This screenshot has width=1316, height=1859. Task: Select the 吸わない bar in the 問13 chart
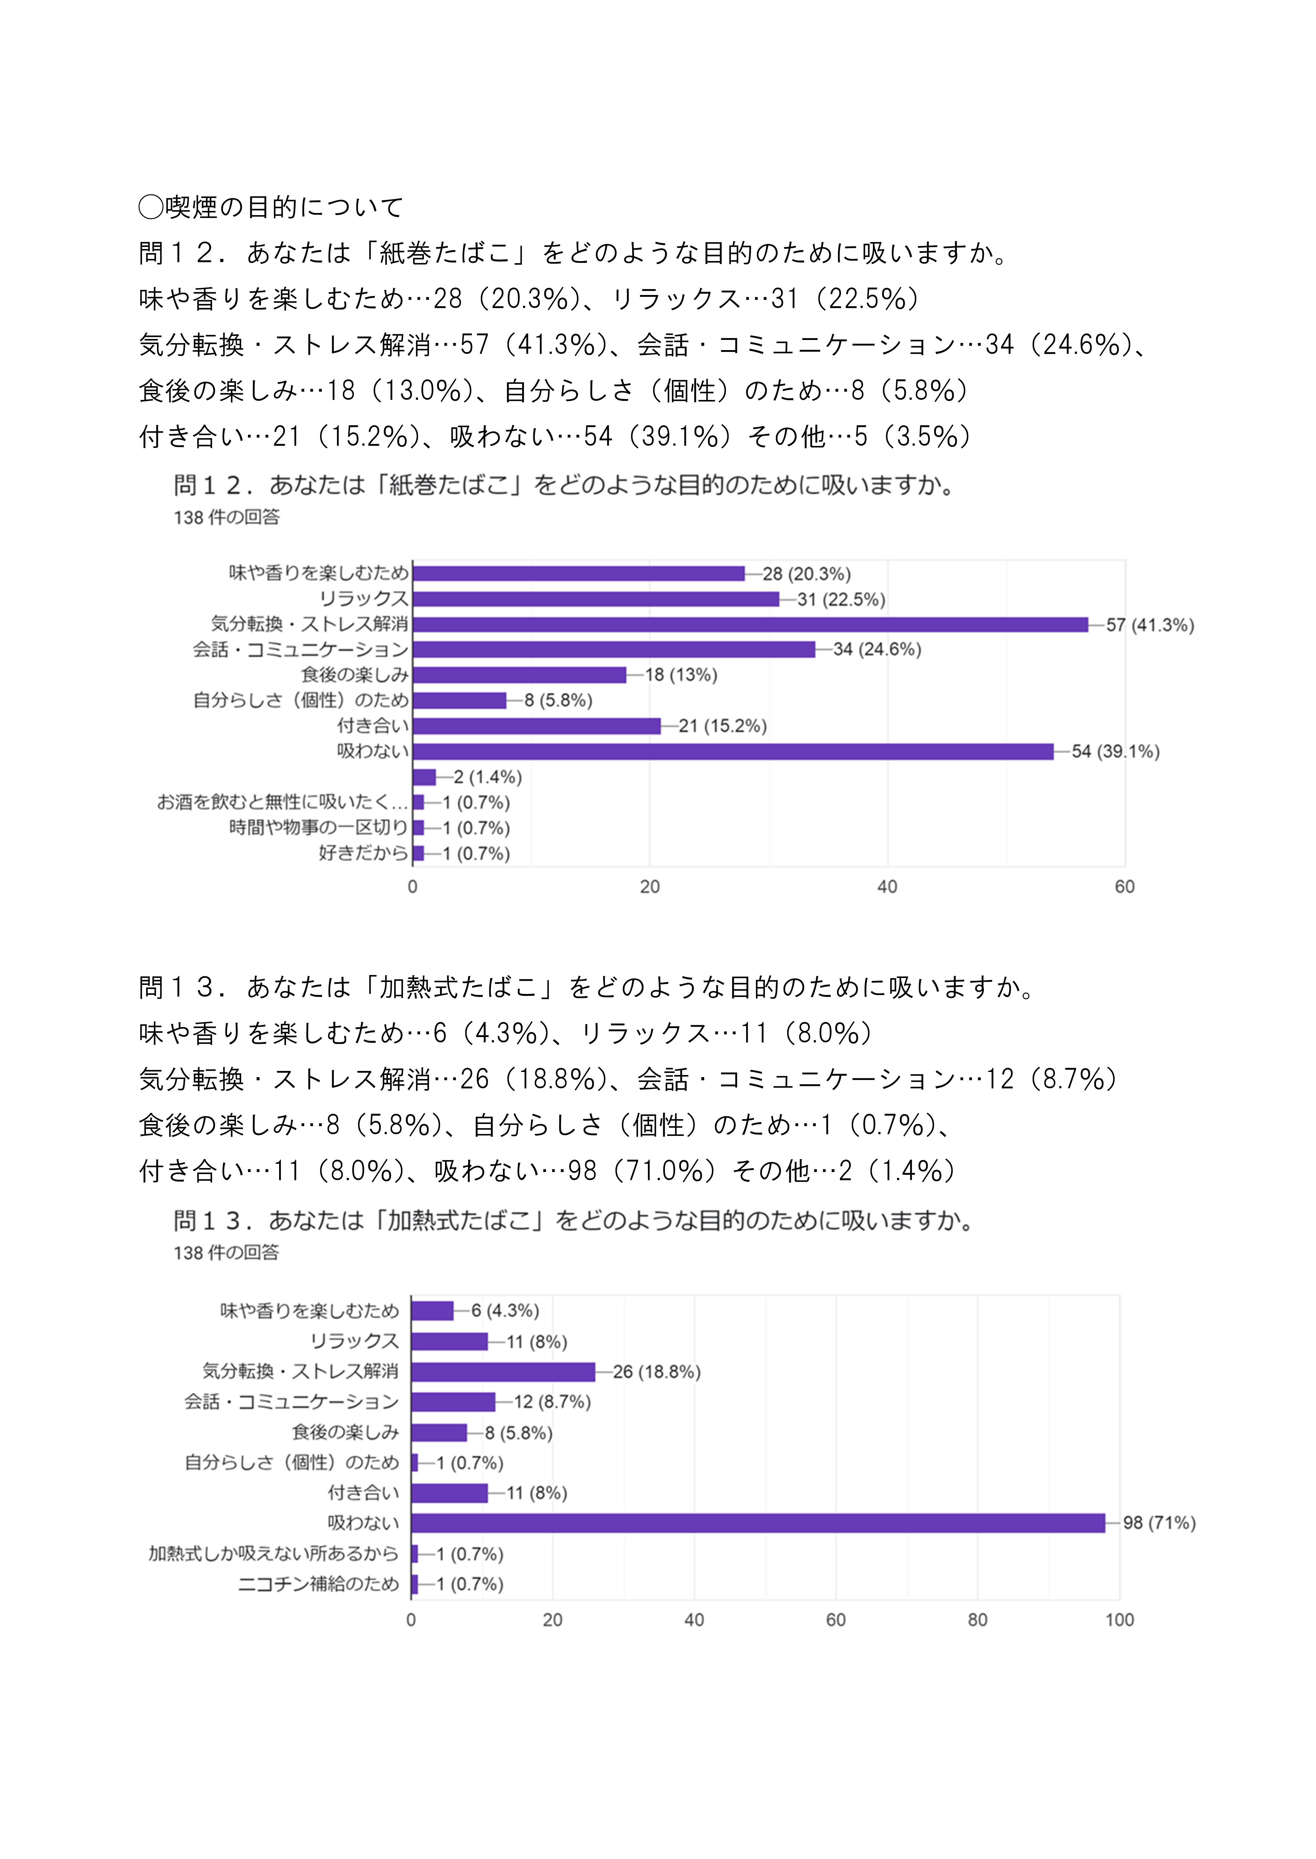click(x=758, y=1523)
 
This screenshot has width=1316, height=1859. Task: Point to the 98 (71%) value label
click(x=1159, y=1523)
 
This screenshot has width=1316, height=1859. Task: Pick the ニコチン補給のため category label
click(x=319, y=1584)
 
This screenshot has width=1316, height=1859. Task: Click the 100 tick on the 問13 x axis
click(x=1119, y=1620)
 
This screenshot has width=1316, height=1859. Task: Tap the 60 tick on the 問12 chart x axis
click(x=1124, y=887)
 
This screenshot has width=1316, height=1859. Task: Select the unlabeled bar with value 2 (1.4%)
click(x=424, y=777)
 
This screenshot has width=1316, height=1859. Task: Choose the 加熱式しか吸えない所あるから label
click(x=273, y=1554)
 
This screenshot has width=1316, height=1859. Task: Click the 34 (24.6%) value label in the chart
click(x=877, y=650)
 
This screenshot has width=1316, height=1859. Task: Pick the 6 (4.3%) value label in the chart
click(x=505, y=1311)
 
